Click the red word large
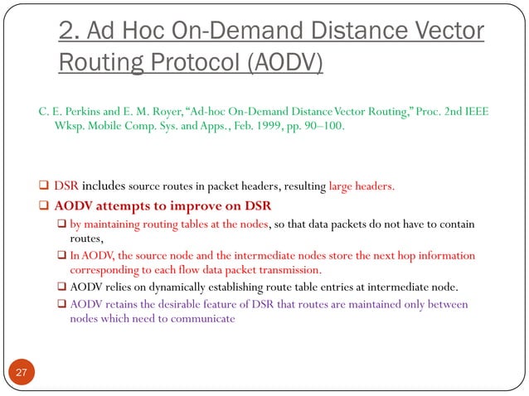click(x=346, y=186)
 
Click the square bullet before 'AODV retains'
click(x=61, y=304)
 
